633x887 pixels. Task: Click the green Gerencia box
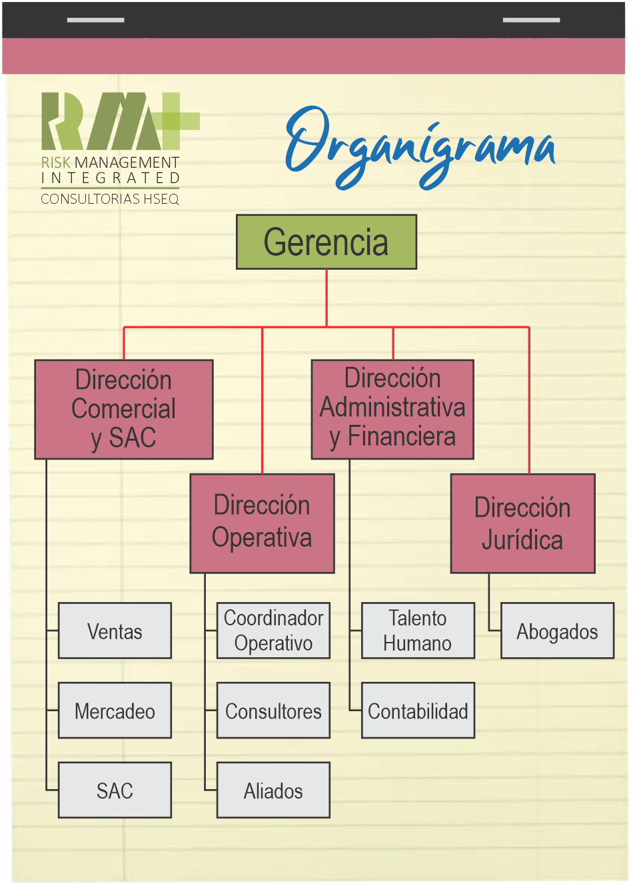tap(326, 242)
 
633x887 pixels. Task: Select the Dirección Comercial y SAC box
tap(124, 410)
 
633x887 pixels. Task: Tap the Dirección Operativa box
tap(262, 523)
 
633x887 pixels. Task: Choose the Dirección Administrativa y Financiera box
tap(392, 410)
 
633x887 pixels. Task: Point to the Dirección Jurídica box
tap(522, 523)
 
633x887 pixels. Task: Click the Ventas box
tap(115, 631)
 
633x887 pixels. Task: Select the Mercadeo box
tap(115, 711)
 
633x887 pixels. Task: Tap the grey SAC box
tap(115, 790)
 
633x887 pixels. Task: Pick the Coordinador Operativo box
tap(273, 631)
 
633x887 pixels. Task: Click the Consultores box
tap(273, 711)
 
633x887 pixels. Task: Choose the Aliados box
tap(273, 790)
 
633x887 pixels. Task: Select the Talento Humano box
tap(418, 631)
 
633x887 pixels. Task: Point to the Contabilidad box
tap(418, 711)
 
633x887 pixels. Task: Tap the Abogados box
tap(557, 631)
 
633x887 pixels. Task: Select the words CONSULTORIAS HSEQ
tap(110, 198)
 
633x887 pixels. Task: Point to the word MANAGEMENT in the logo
tap(127, 162)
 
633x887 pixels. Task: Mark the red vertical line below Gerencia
tap(326, 298)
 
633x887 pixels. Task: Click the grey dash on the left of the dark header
tap(95, 20)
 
